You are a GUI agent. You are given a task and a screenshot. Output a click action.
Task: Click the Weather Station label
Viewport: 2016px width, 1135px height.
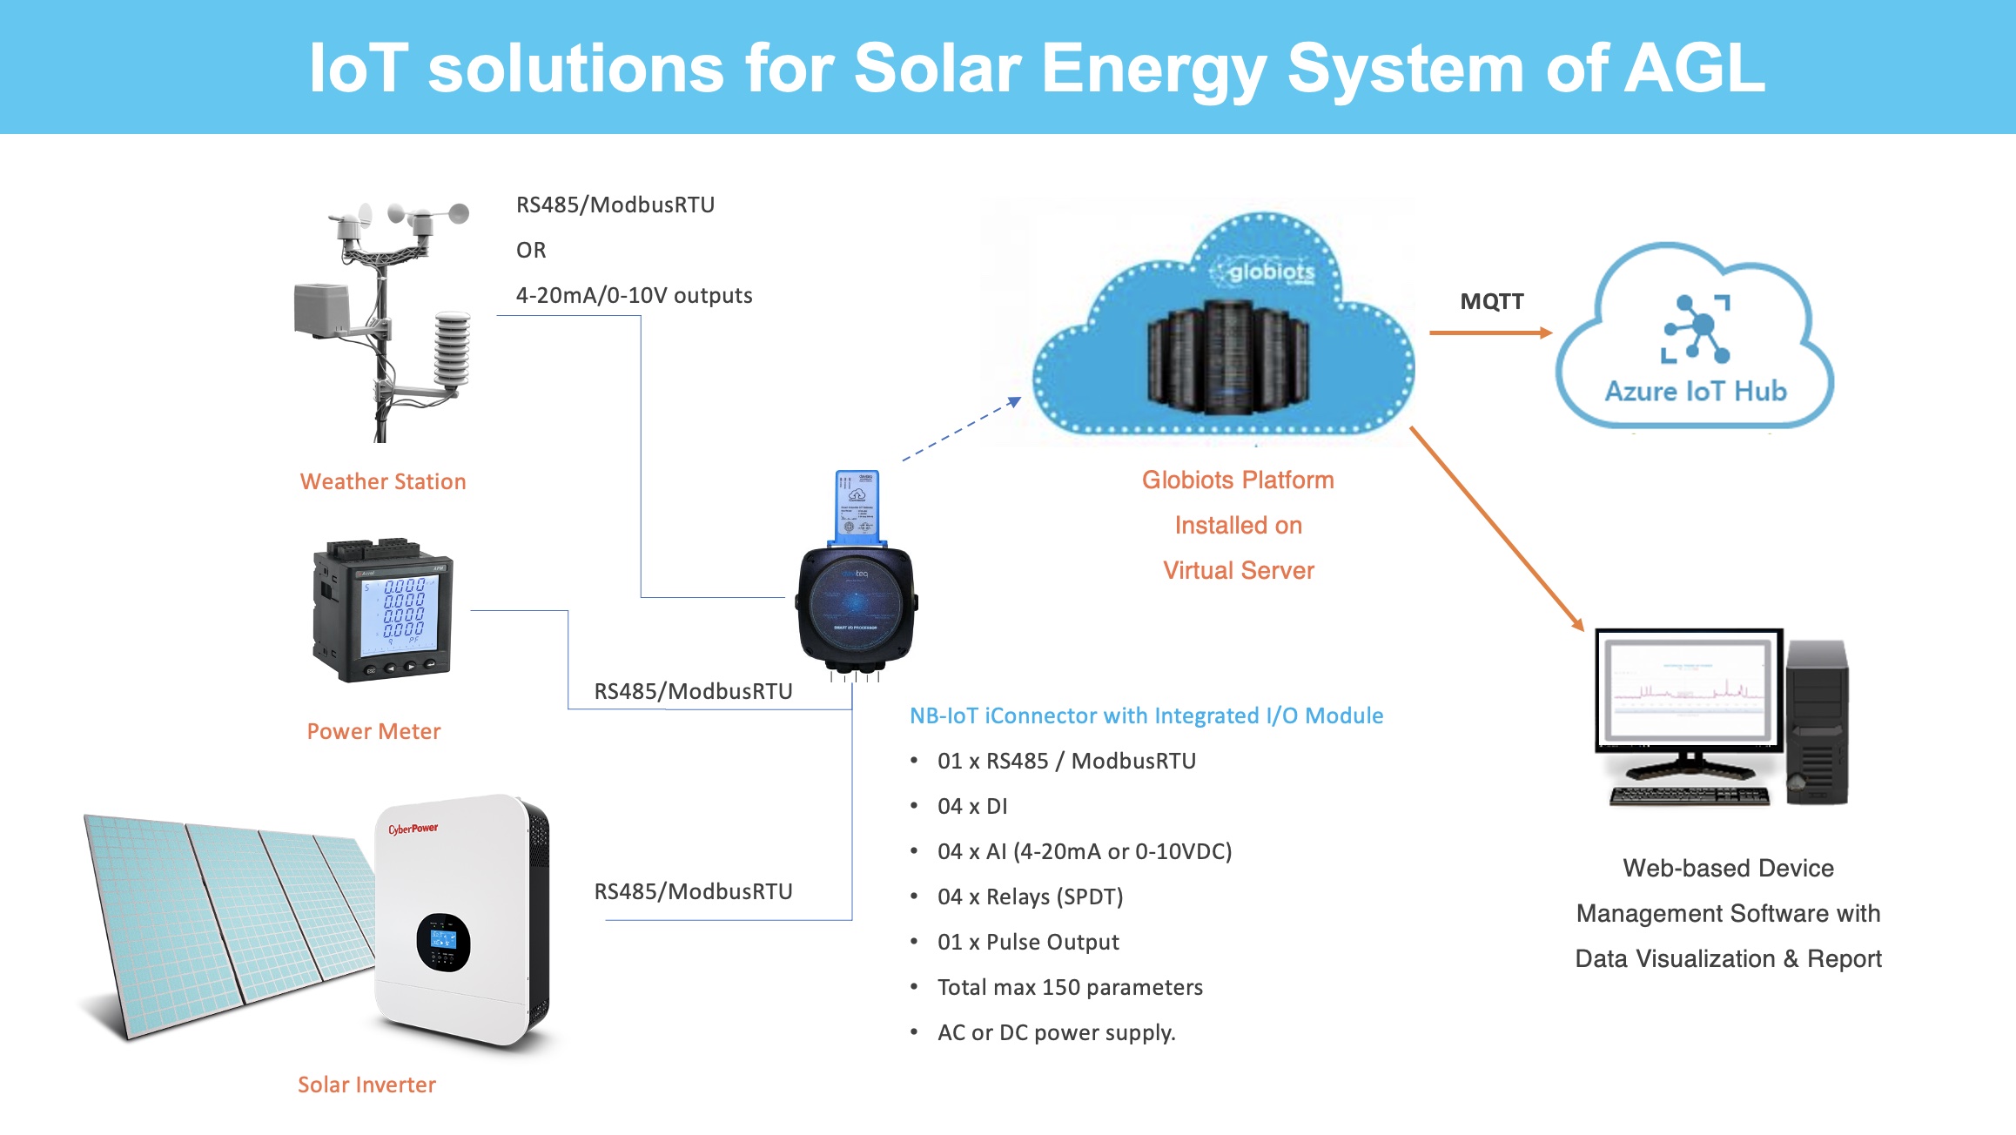383,481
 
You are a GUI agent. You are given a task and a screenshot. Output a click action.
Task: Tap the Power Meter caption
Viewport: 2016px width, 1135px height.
373,731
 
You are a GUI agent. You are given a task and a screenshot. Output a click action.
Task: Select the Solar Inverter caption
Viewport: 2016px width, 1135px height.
366,1085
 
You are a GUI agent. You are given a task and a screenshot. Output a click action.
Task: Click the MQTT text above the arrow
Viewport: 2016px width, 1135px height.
1492,301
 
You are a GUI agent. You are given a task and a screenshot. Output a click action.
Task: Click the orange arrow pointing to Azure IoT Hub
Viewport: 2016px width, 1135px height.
1490,332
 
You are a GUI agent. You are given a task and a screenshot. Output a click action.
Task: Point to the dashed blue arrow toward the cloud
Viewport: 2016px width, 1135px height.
961,429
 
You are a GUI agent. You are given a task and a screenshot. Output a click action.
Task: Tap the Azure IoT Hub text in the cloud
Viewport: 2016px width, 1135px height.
1695,391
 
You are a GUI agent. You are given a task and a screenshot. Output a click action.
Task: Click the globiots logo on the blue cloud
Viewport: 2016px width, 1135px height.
1270,272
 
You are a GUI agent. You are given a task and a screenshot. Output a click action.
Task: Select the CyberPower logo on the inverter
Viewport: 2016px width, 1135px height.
413,829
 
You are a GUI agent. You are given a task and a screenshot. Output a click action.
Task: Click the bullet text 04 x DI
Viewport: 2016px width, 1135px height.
972,806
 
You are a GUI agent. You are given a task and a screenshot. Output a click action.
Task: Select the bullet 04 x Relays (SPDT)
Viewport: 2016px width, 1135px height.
1030,897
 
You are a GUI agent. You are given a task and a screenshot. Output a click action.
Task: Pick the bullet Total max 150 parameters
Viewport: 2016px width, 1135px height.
1070,987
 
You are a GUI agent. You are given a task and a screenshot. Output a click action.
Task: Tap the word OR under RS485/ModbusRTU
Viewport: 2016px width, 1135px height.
531,250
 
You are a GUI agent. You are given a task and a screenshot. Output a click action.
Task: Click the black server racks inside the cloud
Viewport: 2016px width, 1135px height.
1227,357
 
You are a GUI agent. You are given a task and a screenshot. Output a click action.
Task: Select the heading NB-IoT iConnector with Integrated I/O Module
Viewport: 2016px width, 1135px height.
1146,715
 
